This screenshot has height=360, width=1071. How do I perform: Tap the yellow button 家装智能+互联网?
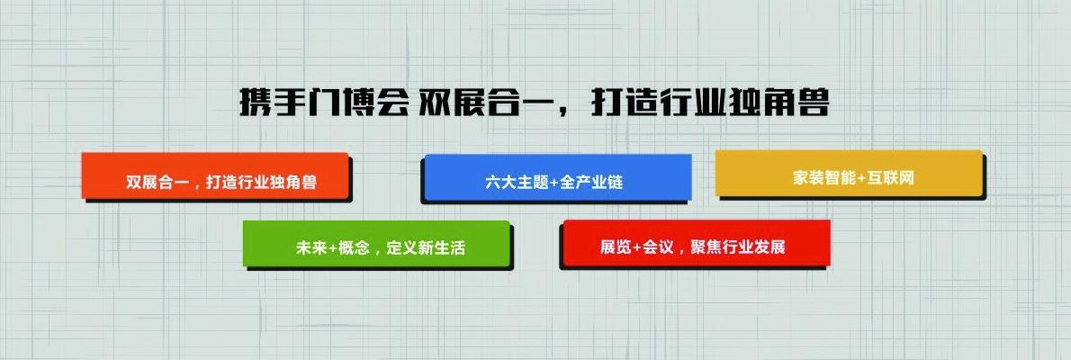pyautogui.click(x=848, y=174)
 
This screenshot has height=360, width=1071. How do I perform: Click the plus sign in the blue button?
pyautogui.click(x=553, y=182)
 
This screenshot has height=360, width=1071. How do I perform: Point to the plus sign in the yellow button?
pyautogui.click(x=861, y=177)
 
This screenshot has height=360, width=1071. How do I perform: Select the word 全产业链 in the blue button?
pyautogui.click(x=591, y=182)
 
